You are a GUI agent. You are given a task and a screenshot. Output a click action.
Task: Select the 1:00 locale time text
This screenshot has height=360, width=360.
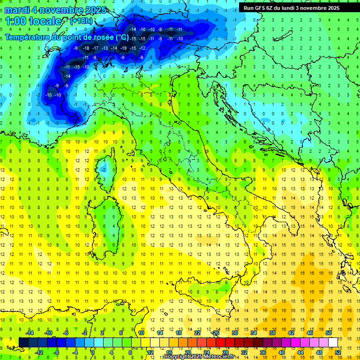[33, 21]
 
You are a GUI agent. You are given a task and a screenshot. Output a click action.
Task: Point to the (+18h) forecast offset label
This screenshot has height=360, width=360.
[82, 21]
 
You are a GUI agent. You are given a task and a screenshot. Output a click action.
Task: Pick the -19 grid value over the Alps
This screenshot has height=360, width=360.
[124, 48]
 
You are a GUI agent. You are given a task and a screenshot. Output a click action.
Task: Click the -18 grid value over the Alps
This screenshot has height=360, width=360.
[86, 48]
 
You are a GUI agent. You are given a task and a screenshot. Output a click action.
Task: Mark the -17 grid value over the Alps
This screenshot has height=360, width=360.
[96, 48]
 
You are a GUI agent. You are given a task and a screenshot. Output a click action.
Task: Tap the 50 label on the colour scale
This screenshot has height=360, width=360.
[328, 333]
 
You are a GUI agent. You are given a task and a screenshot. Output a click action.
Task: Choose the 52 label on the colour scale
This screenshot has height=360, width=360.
[337, 352]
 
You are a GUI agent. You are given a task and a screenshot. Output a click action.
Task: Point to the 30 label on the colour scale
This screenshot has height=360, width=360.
[234, 333]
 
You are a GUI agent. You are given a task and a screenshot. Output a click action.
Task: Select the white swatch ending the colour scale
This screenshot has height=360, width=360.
[333, 342]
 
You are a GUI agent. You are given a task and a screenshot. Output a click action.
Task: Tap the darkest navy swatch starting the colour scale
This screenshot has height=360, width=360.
[23, 342]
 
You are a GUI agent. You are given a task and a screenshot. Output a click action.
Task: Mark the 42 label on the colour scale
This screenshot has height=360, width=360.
[291, 333]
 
